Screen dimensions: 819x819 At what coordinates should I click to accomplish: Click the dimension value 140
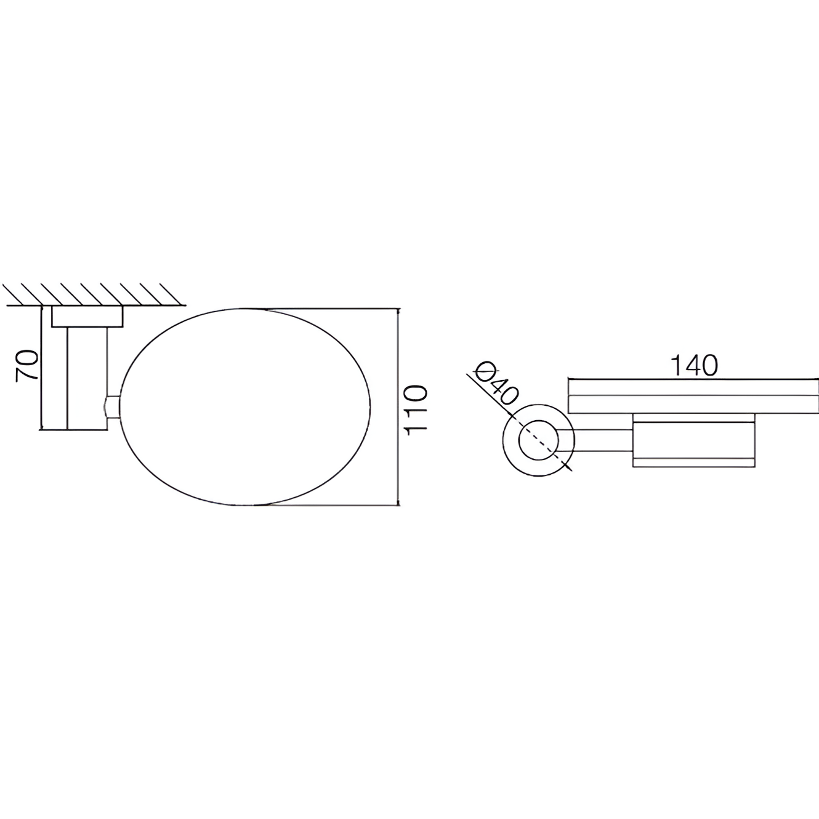coord(693,366)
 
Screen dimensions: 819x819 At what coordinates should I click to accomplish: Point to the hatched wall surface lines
coord(92,294)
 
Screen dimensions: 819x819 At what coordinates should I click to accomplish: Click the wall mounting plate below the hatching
coord(87,317)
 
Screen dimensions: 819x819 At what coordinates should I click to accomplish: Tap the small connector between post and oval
coord(112,408)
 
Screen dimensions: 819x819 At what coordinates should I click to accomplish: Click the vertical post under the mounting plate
coord(86,377)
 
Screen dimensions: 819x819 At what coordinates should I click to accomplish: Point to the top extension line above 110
coord(333,309)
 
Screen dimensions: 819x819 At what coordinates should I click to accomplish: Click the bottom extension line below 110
coord(333,506)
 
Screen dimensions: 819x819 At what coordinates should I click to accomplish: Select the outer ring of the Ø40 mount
coord(509,441)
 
